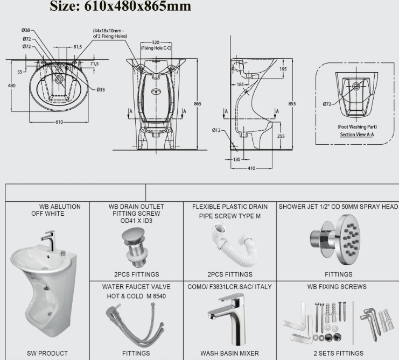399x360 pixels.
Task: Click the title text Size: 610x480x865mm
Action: (x=120, y=6)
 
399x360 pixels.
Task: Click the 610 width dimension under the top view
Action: (x=59, y=122)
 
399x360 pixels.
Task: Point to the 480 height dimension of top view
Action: (x=11, y=86)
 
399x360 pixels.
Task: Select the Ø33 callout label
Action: (x=101, y=89)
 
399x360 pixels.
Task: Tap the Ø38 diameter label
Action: (x=26, y=31)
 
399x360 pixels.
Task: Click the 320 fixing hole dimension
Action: (x=155, y=41)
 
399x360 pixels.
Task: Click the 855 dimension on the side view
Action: (x=292, y=103)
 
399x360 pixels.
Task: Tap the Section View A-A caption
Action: (x=354, y=135)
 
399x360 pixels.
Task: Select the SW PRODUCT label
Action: (x=47, y=353)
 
